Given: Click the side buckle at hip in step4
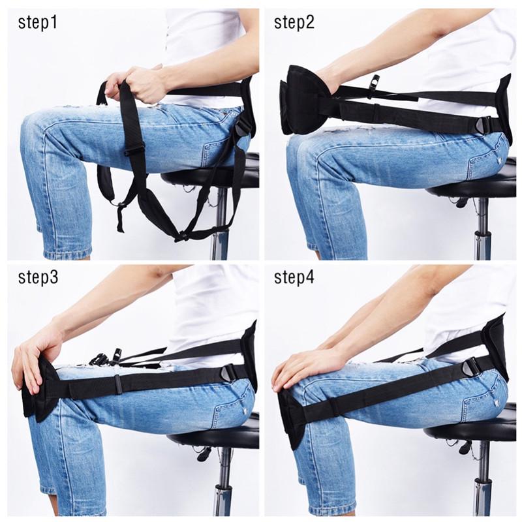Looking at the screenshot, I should pos(472,367).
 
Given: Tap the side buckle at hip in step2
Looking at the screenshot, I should pos(486,125).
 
